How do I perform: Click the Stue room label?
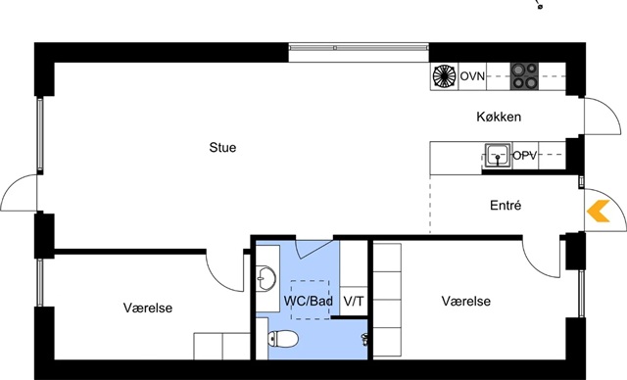pyautogui.click(x=222, y=148)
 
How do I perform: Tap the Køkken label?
pyautogui.click(x=499, y=117)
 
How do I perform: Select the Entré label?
pyautogui.click(x=506, y=206)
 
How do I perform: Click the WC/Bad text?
pyautogui.click(x=308, y=301)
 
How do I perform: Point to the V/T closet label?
pyautogui.click(x=354, y=302)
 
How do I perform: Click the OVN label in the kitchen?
pyautogui.click(x=472, y=76)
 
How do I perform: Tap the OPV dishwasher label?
pyautogui.click(x=524, y=156)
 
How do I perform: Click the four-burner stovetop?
pyautogui.click(x=524, y=76)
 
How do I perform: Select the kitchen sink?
pyautogui.click(x=498, y=155)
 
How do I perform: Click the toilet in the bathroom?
pyautogui.click(x=283, y=339)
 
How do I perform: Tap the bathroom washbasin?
pyautogui.click(x=265, y=277)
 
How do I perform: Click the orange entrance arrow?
pyautogui.click(x=599, y=211)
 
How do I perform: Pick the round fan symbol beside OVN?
pyautogui.click(x=444, y=76)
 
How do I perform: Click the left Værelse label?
pyautogui.click(x=148, y=309)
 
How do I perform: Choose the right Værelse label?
pyautogui.click(x=466, y=302)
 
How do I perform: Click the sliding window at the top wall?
pyautogui.click(x=359, y=48)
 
